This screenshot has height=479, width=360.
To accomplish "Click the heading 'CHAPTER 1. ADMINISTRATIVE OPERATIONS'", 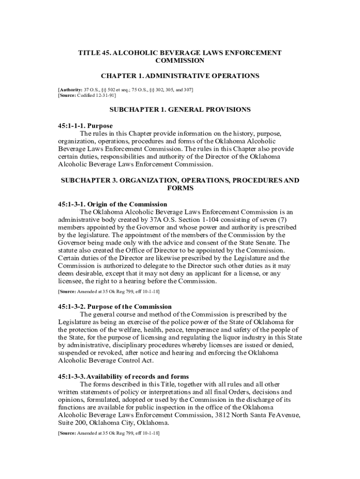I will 180,76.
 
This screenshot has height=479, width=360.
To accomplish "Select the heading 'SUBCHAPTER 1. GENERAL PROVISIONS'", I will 180,109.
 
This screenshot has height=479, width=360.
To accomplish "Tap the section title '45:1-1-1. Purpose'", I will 85,126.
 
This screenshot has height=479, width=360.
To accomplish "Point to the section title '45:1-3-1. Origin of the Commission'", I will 112,204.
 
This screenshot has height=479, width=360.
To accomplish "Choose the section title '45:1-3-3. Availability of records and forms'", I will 123,377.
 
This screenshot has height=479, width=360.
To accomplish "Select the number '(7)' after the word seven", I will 285,219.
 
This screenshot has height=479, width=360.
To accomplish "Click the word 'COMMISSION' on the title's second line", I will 180,60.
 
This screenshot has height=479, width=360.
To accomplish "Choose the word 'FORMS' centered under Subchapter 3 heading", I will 180,188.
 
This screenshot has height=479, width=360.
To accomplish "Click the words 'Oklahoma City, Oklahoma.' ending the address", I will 130,423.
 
